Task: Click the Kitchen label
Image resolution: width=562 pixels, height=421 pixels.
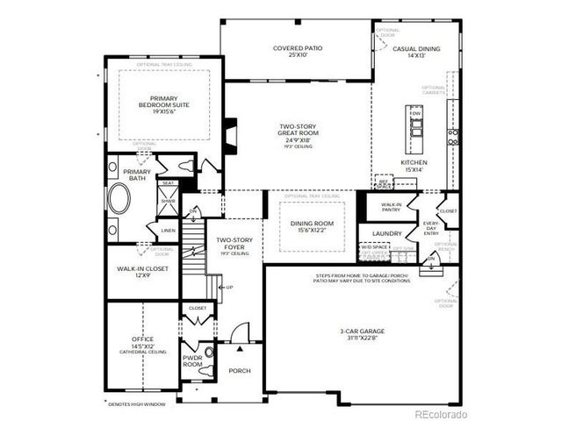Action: point(414,167)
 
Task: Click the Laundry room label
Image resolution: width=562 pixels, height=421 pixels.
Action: point(386,234)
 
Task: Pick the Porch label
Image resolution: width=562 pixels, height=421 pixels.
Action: point(240,371)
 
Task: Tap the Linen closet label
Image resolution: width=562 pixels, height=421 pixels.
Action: point(168,231)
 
